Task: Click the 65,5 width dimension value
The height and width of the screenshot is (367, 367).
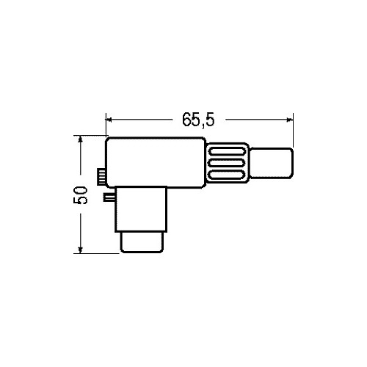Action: click(x=198, y=120)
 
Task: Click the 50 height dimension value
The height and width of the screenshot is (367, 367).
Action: click(x=80, y=195)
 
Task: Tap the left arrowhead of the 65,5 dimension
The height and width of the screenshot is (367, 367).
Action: click(x=109, y=120)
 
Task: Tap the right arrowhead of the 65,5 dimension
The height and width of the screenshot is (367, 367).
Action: click(x=290, y=120)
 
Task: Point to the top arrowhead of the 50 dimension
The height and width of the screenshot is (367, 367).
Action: click(x=80, y=139)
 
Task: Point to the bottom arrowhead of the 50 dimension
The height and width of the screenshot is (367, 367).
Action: click(x=80, y=250)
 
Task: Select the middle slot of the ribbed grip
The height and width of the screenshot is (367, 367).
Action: click(x=226, y=162)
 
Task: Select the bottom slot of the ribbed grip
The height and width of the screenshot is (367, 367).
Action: click(x=226, y=175)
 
